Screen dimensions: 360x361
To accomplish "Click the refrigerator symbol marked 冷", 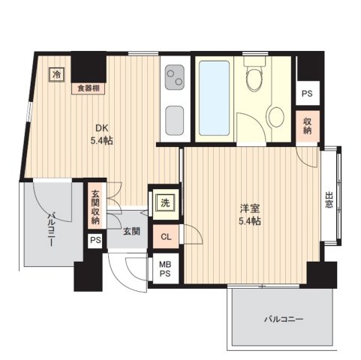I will click(x=56, y=73).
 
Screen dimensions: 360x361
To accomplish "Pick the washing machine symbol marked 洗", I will click(x=163, y=202).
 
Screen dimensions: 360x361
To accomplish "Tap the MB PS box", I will click(x=164, y=268).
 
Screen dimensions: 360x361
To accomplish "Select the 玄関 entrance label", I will click(x=131, y=232).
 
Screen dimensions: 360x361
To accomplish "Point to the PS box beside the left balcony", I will click(x=94, y=241).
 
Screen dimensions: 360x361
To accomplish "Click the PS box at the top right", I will click(x=307, y=94).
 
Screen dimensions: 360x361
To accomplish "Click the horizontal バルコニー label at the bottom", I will click(x=282, y=319).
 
